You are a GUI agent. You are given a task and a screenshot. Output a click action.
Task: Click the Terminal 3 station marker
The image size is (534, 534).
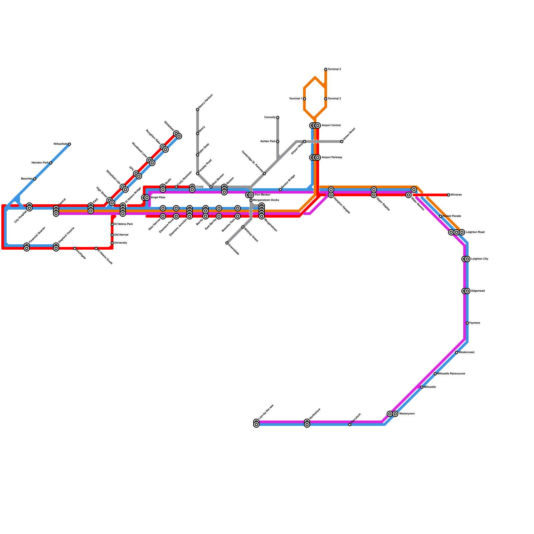click(326, 69)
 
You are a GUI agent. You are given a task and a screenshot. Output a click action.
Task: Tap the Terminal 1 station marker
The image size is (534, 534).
click(304, 99)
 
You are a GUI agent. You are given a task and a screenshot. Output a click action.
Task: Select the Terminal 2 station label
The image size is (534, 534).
click(334, 99)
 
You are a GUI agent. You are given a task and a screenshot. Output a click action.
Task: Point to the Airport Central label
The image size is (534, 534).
click(331, 125)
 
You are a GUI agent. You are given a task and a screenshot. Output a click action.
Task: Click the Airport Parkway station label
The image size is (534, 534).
click(332, 158)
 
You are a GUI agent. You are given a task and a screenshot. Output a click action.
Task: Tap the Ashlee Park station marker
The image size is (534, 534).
click(278, 142)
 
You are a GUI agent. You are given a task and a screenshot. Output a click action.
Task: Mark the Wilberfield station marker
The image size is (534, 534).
click(69, 144)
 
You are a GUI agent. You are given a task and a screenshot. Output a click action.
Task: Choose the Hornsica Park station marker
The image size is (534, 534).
click(51, 163)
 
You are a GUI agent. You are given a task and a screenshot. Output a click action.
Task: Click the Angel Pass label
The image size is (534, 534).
click(158, 198)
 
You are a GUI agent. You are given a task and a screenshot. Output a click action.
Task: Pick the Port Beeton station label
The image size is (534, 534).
click(263, 195)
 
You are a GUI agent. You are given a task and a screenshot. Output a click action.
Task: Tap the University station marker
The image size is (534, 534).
click(112, 243)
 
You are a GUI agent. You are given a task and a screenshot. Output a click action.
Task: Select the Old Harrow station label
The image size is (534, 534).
click(121, 235)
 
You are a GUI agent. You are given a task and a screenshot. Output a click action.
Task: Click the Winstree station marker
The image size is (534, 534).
click(449, 195)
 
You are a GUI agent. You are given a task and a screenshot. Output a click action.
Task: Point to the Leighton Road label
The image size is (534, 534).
click(475, 232)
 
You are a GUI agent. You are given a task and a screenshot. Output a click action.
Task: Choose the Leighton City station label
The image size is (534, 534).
click(480, 259)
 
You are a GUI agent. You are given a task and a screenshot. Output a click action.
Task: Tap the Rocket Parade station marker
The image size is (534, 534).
click(441, 216)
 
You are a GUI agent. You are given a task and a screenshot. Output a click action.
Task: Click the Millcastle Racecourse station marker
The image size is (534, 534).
click(435, 374)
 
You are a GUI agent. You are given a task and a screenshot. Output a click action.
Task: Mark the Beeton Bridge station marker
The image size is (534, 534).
click(280, 190)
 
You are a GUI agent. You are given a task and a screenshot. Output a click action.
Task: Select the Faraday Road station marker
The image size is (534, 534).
click(198, 174)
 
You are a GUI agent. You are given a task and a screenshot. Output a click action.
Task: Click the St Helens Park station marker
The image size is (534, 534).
click(112, 224)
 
